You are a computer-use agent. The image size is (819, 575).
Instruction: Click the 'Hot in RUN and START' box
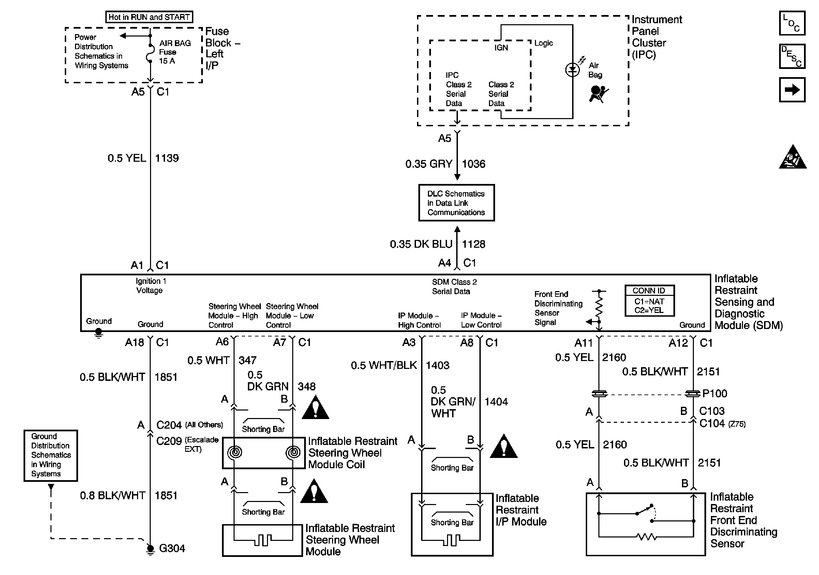point(149,17)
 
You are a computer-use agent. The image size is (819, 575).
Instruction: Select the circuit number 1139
point(167,158)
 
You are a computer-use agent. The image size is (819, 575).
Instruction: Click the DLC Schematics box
point(456,203)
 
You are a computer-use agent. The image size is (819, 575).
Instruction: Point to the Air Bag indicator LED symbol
point(572,70)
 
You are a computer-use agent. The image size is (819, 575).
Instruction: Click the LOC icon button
point(791,23)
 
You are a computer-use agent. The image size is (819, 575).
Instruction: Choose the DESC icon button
point(791,56)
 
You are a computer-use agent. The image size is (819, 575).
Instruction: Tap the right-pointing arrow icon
point(791,90)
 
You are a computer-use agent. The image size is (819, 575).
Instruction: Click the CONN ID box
point(649,301)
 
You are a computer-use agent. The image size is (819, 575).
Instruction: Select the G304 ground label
point(172,548)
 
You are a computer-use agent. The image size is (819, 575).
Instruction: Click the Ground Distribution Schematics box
point(51,455)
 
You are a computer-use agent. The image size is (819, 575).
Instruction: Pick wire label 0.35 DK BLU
point(421,244)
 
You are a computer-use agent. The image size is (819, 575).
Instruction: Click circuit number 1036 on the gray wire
point(473,164)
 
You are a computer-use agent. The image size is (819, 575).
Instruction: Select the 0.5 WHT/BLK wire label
point(384,365)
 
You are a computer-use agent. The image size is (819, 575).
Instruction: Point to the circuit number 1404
point(496,402)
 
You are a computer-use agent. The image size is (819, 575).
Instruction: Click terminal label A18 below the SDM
point(134,343)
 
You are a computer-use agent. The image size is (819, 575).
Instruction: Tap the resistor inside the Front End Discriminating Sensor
point(646,536)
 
